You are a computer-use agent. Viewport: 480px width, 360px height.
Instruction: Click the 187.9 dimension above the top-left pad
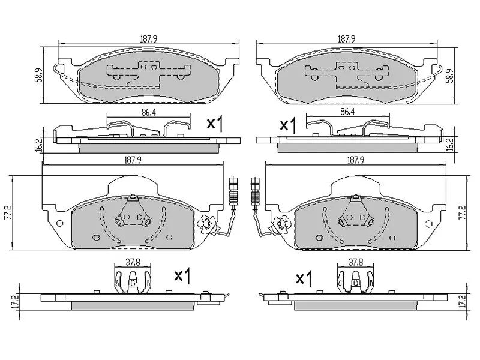pos(148,39)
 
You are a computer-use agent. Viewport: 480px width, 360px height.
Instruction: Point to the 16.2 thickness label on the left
pos(38,144)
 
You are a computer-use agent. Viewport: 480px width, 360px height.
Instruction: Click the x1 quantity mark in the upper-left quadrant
pos(214,124)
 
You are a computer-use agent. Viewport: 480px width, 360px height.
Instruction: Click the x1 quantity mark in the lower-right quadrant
pos(305,278)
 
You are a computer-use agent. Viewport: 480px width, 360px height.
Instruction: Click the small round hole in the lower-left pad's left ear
pos(59,224)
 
